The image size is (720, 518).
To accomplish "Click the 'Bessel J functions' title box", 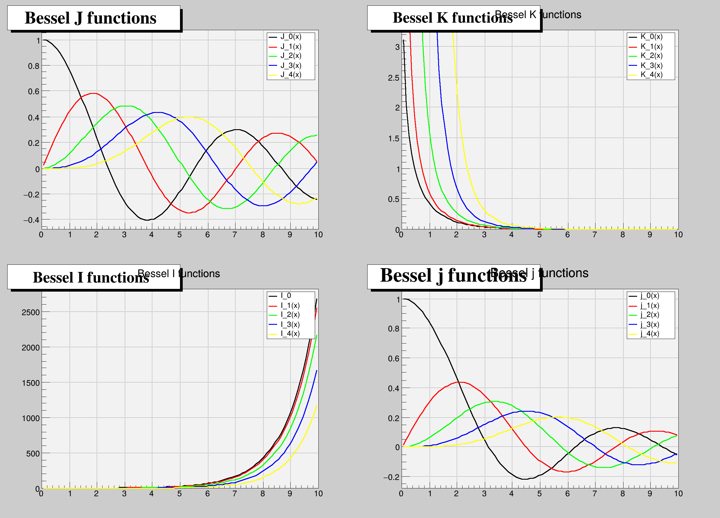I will pyautogui.click(x=94, y=18).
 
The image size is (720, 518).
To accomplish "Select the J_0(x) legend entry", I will pyautogui.click(x=290, y=37).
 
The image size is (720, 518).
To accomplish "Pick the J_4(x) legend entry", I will pyautogui.click(x=290, y=75).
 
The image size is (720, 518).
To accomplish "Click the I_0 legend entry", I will pyautogui.click(x=286, y=296).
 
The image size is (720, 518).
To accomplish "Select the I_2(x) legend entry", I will pyautogui.click(x=290, y=315).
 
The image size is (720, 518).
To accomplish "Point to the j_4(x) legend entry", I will pyautogui.click(x=649, y=334).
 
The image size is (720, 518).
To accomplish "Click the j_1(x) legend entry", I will pyautogui.click(x=649, y=306).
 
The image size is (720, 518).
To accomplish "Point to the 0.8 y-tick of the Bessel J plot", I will pyautogui.click(x=34, y=66).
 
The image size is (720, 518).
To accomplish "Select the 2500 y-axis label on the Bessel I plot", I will pyautogui.click(x=30, y=312).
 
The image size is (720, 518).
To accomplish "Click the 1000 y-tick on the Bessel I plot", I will pyautogui.click(x=30, y=418).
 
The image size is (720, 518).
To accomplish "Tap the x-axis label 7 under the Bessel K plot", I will pyautogui.click(x=595, y=235).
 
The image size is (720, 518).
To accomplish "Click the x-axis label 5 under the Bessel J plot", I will pyautogui.click(x=179, y=235).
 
